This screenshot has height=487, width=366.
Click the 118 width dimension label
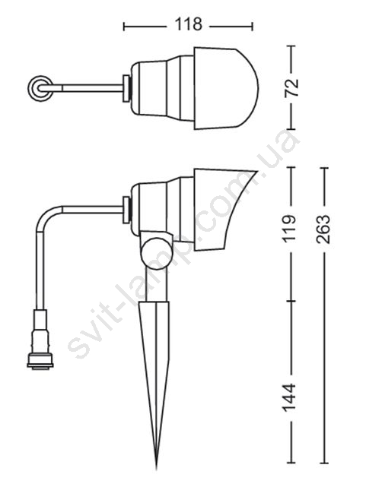(189, 24)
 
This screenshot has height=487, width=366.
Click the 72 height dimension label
(292, 88)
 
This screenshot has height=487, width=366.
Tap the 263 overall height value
(323, 229)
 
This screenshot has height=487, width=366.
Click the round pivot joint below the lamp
(156, 252)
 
